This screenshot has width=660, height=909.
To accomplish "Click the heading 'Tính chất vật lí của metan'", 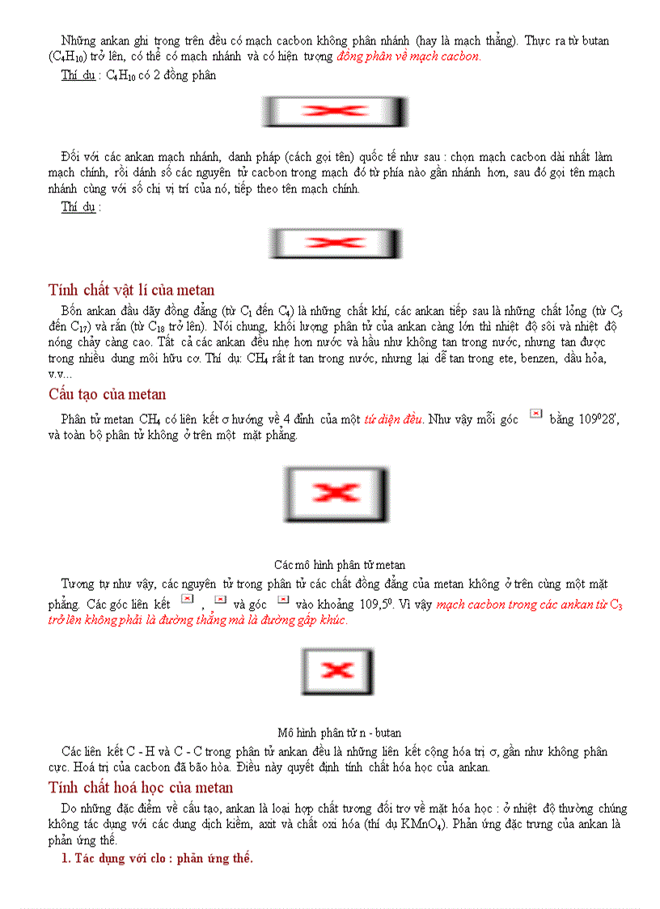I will [x=131, y=290].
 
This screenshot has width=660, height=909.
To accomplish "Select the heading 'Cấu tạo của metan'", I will [x=107, y=394].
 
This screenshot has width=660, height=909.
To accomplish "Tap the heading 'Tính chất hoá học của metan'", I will [x=140, y=788].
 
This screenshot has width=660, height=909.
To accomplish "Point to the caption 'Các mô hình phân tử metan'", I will [x=340, y=564].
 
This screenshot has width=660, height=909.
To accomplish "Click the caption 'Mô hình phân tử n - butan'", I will [x=340, y=733].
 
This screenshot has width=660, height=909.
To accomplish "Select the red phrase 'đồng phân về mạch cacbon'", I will [x=408, y=57].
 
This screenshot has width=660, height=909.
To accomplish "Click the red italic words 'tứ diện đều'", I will [x=394, y=419].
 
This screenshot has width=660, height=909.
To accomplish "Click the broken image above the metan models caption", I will [x=336, y=492].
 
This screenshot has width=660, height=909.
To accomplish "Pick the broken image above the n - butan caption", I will [x=337, y=671].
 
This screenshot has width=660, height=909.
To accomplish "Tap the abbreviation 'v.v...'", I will [x=60, y=374].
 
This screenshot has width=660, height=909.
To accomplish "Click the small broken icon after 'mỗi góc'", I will [x=535, y=414].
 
